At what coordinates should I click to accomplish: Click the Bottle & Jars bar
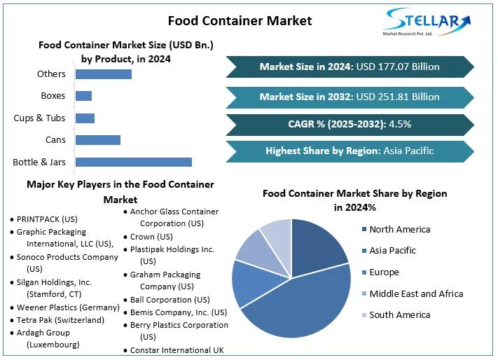coord(133,162)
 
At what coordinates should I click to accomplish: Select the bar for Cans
coord(97,139)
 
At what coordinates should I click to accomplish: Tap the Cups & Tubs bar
coord(85,118)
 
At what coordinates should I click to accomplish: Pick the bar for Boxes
coord(83,95)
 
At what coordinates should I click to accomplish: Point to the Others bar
coord(103,74)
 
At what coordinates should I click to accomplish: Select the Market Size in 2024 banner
coord(350,67)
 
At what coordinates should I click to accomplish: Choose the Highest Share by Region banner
coord(350,151)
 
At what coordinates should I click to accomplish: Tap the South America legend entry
coord(399,314)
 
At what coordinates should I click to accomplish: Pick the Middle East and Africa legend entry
coord(416,293)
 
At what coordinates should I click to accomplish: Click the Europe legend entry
coord(384,272)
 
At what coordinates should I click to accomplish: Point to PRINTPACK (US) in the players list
coord(47,219)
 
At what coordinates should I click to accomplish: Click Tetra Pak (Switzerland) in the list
coord(60,320)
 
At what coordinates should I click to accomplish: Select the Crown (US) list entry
coord(151,237)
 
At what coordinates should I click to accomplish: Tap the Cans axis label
coord(55,139)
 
